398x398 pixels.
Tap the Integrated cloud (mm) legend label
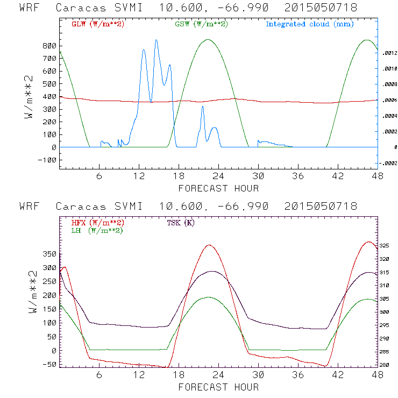[x=309, y=24]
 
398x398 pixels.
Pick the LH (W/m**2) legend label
[x=97, y=230]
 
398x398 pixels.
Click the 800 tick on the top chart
[x=48, y=46]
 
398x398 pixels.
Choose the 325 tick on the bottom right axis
[x=387, y=245]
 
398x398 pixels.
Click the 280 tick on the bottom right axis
[x=387, y=365]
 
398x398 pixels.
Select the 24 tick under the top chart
[x=218, y=176]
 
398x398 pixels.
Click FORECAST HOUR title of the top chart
[x=218, y=188]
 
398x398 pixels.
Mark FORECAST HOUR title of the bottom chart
[x=218, y=387]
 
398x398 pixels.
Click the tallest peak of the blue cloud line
[x=156, y=40]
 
